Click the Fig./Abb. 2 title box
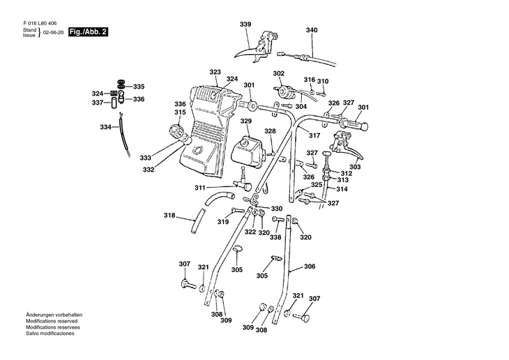pyautogui.click(x=88, y=32)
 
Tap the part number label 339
pyautogui.click(x=245, y=24)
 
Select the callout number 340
pyautogui.click(x=312, y=30)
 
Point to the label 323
pyautogui.click(x=215, y=72)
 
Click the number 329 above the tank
pyautogui.click(x=245, y=121)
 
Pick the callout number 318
pyautogui.click(x=169, y=216)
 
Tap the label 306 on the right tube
pyautogui.click(x=310, y=267)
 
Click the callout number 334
pyautogui.click(x=105, y=127)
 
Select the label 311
pyautogui.click(x=200, y=188)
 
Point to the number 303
pyautogui.click(x=355, y=167)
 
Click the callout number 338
pyautogui.click(x=275, y=237)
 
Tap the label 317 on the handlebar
pyautogui.click(x=314, y=135)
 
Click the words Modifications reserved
pyautogui.click(x=52, y=321)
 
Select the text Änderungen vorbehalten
pyautogui.click(x=54, y=315)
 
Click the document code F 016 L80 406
pyautogui.click(x=40, y=24)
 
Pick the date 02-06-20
pyautogui.click(x=53, y=33)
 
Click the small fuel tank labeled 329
pyautogui.click(x=248, y=151)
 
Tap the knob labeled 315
pyautogui.click(x=176, y=132)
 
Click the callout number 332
pyautogui.click(x=149, y=170)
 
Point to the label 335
pyautogui.click(x=139, y=87)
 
